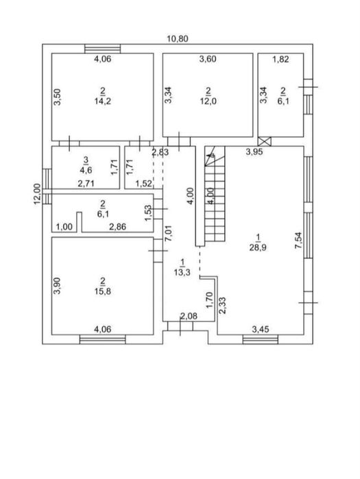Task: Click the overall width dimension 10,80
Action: (x=178, y=39)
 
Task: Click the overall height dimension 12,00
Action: (x=37, y=194)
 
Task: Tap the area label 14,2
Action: (x=103, y=101)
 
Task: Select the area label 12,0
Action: (x=208, y=101)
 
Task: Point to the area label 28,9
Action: (x=258, y=247)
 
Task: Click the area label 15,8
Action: (x=103, y=291)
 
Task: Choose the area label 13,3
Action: (x=182, y=272)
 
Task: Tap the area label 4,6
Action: (x=86, y=170)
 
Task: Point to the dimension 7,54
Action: (x=298, y=241)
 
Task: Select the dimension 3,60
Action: (x=208, y=59)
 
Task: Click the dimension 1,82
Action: (x=280, y=59)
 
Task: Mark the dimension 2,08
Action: (x=189, y=316)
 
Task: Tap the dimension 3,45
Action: (x=261, y=330)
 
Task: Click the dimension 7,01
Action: (x=169, y=234)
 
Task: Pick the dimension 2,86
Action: (x=118, y=227)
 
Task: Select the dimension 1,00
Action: (x=64, y=227)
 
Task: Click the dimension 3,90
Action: (x=57, y=286)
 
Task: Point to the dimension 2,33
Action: (x=223, y=306)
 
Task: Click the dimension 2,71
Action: (x=86, y=183)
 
